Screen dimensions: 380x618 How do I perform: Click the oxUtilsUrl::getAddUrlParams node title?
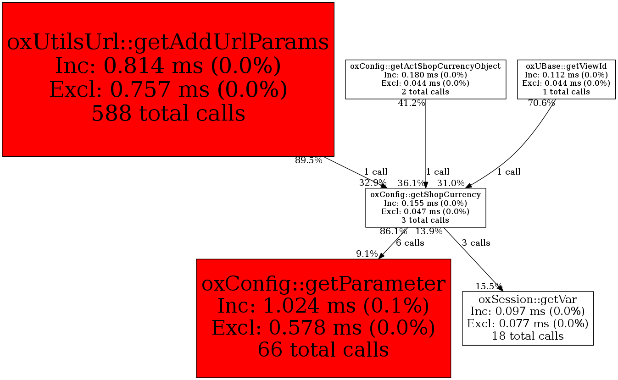click(x=168, y=43)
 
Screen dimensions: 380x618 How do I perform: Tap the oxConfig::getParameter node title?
click(x=323, y=284)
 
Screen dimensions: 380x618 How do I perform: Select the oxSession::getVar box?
click(x=528, y=318)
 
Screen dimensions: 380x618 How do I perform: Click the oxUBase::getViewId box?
click(x=566, y=79)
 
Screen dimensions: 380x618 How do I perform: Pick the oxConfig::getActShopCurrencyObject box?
click(x=425, y=79)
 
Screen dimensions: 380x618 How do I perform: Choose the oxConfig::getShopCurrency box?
click(x=425, y=208)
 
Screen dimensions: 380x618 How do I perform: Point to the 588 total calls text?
click(x=168, y=113)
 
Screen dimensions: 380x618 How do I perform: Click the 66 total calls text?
click(x=323, y=350)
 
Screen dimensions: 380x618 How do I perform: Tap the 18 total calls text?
click(x=528, y=336)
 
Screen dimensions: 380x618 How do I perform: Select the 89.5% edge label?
click(x=308, y=160)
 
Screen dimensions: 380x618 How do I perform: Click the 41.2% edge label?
click(x=411, y=103)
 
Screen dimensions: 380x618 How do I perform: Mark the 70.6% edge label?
click(x=541, y=103)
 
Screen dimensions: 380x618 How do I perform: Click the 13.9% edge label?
click(x=429, y=231)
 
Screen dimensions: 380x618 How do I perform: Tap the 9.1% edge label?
click(x=367, y=254)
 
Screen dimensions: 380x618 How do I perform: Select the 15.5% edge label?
click(x=489, y=286)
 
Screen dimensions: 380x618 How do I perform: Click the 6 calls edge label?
click(x=410, y=243)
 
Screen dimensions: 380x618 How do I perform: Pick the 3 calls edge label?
click(x=476, y=243)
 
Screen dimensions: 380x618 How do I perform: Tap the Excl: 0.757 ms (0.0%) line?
click(x=168, y=89)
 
